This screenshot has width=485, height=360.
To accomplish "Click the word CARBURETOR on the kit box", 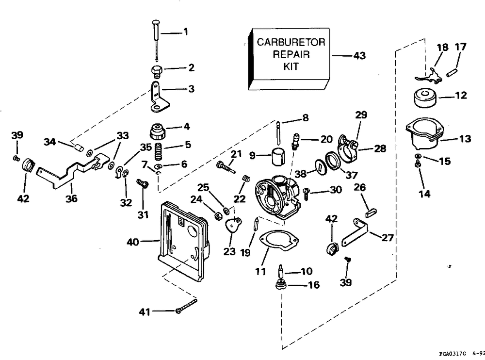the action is [291, 42].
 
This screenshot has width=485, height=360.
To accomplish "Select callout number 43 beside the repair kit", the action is [360, 56].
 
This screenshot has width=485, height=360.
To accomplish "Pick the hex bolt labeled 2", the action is [157, 71].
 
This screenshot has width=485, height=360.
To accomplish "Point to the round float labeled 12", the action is [425, 98].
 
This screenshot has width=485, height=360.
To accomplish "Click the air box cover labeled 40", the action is [183, 240].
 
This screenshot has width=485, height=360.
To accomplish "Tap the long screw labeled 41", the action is [187, 305].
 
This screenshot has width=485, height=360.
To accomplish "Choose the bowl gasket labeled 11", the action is [278, 241].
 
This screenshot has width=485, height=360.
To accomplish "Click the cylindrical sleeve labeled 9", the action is [279, 156].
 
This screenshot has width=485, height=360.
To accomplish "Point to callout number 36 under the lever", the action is [71, 198].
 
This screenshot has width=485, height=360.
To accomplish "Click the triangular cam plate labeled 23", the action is [233, 226].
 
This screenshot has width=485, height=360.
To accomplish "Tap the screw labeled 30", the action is [307, 194].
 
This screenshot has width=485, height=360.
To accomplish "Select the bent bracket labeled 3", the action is [159, 97].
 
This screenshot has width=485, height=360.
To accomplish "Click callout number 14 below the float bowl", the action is [424, 194].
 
